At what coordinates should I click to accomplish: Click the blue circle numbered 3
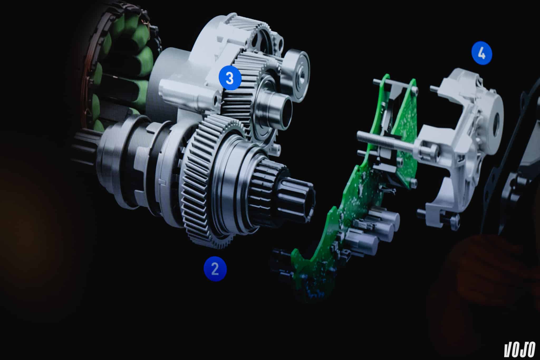[x=230, y=78]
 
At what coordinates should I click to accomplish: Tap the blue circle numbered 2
[x=215, y=269]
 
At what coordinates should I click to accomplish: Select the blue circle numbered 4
[x=482, y=54]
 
